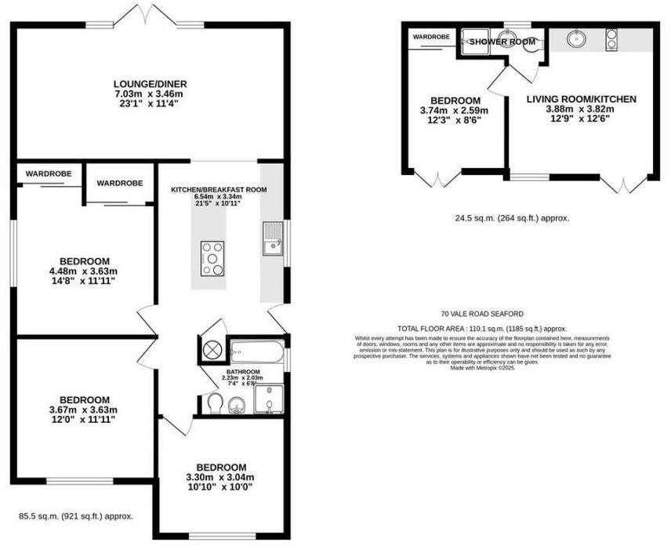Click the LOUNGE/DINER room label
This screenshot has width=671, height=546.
pyautogui.click(x=150, y=84)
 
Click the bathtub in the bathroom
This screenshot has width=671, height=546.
pyautogui.click(x=256, y=349)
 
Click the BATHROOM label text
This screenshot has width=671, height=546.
pyautogui.click(x=243, y=372)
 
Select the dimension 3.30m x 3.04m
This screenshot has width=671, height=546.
pyautogui.click(x=221, y=477)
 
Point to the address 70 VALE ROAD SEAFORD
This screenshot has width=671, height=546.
pyautogui.click(x=482, y=314)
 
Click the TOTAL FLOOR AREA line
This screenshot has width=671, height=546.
pyautogui.click(x=482, y=329)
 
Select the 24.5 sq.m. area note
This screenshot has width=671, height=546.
pyautogui.click(x=513, y=218)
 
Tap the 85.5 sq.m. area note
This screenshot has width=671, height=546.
pyautogui.click(x=76, y=516)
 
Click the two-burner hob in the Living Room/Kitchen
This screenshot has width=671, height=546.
pyautogui.click(x=611, y=38)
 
